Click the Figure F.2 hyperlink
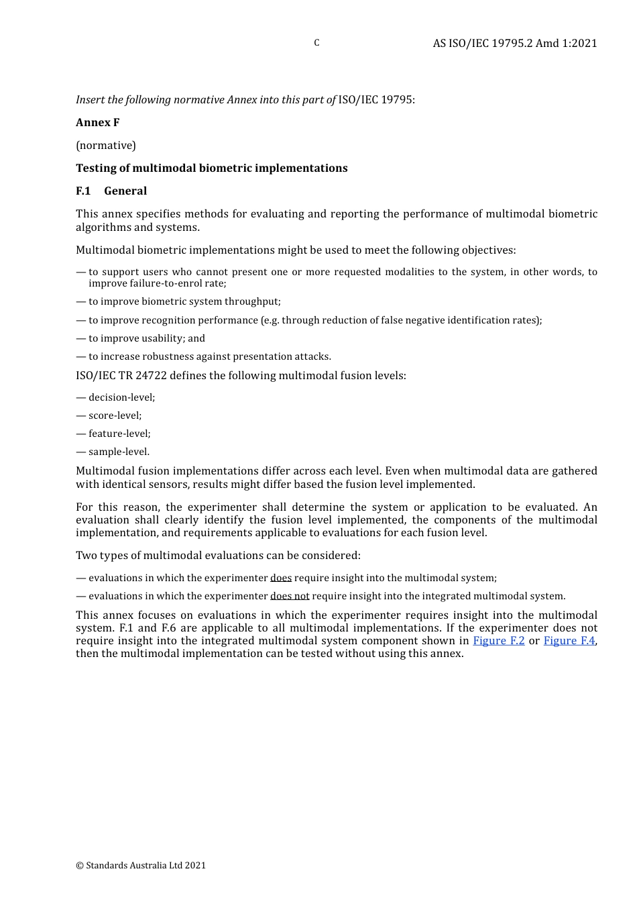click(x=498, y=641)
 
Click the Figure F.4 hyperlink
click(x=569, y=641)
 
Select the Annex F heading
click(x=97, y=122)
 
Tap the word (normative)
click(x=106, y=145)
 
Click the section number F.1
click(x=83, y=191)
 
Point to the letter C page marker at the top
click(x=316, y=43)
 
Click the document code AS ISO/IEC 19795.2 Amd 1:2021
click(x=514, y=43)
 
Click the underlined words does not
click(x=290, y=596)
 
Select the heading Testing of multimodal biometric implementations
click(x=211, y=168)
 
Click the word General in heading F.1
click(x=125, y=191)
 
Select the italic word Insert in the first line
click(x=90, y=99)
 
